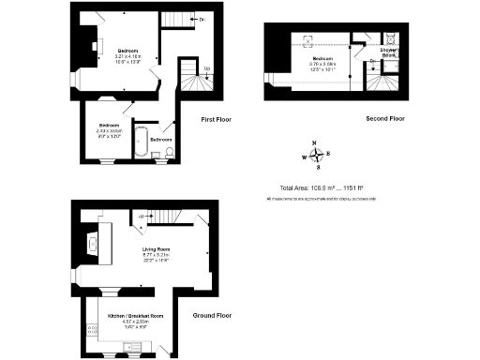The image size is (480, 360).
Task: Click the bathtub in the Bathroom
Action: tap(141, 141)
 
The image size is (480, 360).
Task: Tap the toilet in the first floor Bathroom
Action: tap(169, 152)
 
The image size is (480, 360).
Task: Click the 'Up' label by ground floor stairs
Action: tap(141, 217)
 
